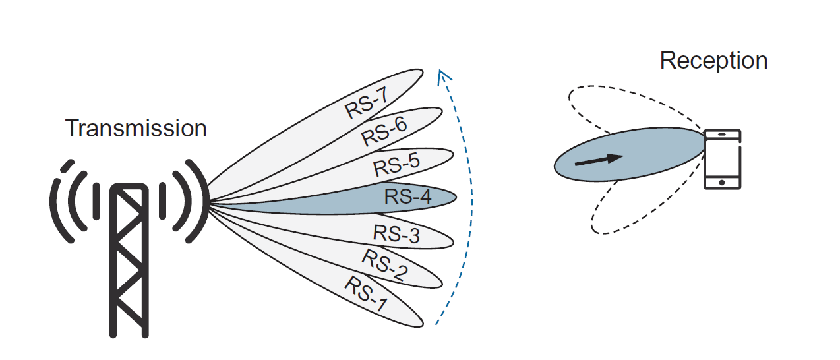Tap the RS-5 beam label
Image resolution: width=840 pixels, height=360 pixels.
coord(396,164)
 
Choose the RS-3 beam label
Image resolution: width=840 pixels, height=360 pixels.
coord(396,234)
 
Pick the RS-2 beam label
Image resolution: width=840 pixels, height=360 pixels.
coord(384,264)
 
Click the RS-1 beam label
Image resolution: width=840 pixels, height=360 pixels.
coord(366,293)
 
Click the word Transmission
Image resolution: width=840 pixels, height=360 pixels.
coord(136,128)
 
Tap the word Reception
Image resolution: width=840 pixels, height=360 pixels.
coord(713,61)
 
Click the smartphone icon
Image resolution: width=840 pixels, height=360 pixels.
coord(722,159)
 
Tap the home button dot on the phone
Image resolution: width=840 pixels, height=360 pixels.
coord(722,182)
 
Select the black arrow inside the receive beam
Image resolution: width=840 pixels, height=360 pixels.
coord(599,160)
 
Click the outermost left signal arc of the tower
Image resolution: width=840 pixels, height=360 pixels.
coord(57,201)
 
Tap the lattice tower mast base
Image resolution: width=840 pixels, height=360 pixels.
coord(129,326)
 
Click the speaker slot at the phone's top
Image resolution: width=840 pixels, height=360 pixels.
coord(722,135)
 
